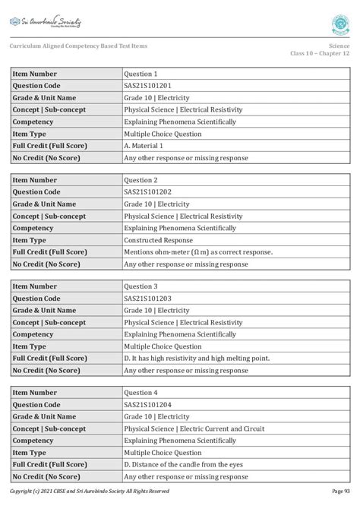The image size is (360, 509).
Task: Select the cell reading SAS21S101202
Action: (149, 192)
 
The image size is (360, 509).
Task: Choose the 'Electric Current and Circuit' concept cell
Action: (194, 429)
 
